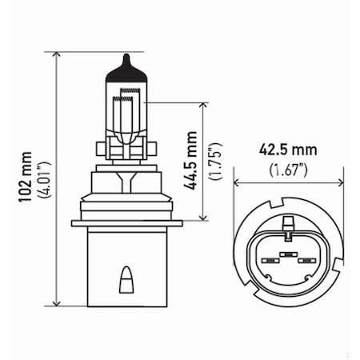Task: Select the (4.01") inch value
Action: click(46, 177)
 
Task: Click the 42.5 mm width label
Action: click(288, 150)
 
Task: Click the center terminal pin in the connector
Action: click(286, 258)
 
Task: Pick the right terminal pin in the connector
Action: click(304, 260)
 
